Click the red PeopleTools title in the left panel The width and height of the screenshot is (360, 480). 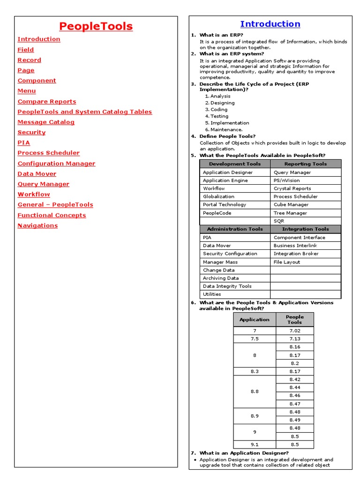[96, 27]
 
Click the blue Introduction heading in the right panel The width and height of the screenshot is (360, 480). [270, 24]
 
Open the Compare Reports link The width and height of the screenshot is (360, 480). [47, 101]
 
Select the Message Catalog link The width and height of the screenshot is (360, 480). [46, 122]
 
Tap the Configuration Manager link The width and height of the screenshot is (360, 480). [56, 164]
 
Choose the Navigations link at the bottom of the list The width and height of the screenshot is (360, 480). [37, 225]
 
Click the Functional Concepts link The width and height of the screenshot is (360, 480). [52, 215]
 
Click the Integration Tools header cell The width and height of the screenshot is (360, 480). [306, 229]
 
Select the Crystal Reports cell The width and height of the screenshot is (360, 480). [292, 188]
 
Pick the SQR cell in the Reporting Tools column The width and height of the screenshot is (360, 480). [279, 221]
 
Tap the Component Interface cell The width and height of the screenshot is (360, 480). [299, 238]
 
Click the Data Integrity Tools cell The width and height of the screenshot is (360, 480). [227, 286]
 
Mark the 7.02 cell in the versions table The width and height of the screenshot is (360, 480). [295, 330]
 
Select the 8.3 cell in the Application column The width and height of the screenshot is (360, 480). [255, 371]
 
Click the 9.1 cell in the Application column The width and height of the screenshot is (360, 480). [255, 444]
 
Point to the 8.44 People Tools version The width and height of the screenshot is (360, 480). [295, 387]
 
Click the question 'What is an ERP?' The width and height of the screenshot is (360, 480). [221, 35]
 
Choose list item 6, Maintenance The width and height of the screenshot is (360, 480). [226, 129]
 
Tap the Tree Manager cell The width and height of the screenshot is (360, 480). [291, 213]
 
